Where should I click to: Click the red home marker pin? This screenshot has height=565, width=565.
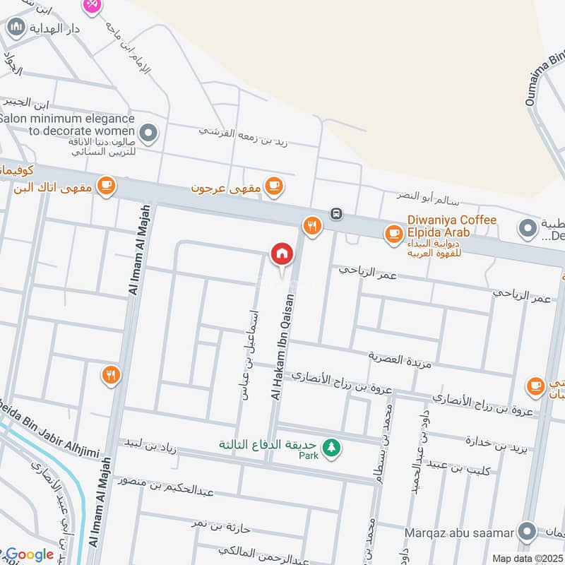[281, 254]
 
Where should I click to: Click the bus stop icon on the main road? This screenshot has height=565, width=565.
[337, 213]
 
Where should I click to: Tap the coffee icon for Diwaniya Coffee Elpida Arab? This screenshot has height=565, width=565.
[393, 232]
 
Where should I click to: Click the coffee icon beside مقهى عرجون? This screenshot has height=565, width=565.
[273, 186]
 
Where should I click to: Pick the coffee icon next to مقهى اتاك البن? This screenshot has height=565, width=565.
[106, 186]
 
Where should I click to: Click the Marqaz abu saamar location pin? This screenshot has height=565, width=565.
[525, 531]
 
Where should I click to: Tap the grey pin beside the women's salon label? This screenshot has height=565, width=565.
[148, 131]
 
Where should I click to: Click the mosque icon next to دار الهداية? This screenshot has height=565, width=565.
[16, 28]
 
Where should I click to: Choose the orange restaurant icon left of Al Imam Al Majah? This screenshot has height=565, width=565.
[109, 374]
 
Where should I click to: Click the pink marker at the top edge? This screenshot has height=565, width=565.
[92, 5]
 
